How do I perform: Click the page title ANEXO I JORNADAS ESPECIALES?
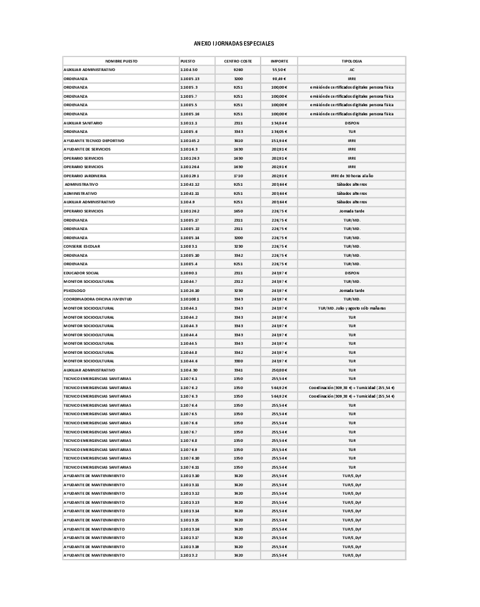[234, 44]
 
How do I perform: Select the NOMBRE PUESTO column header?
[121, 61]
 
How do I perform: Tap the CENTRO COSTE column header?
[238, 61]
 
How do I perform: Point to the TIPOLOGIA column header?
[352, 61]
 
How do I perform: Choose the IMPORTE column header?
[279, 61]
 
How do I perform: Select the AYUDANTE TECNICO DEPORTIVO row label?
[94, 140]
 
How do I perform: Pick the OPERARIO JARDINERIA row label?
[85, 175]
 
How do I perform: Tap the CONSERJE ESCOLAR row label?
[82, 246]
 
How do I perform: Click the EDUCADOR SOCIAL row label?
[81, 273]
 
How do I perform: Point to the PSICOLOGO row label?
[75, 290]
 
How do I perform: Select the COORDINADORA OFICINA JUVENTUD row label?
[98, 299]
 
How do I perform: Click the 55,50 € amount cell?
[279, 70]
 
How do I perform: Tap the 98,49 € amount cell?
[279, 79]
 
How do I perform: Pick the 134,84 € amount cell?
[279, 123]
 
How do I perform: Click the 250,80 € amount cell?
[279, 370]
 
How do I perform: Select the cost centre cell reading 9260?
[238, 70]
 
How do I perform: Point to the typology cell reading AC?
[352, 70]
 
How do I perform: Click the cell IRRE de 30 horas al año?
[352, 175]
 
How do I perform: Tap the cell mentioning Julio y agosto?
[352, 308]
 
